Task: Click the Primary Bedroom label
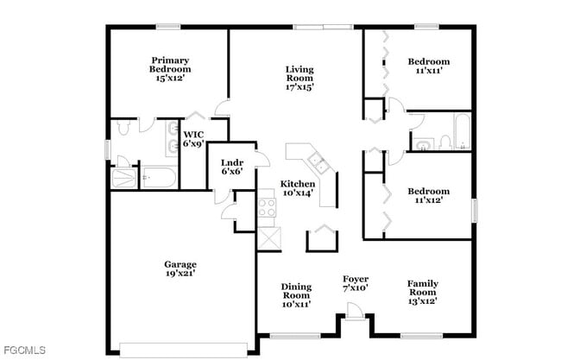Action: (x=169, y=69)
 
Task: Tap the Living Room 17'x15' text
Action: (x=299, y=78)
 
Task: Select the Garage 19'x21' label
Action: (x=180, y=268)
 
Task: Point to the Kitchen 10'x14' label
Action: (x=297, y=188)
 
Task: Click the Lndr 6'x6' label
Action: (x=230, y=167)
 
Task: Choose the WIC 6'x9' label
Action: (x=193, y=139)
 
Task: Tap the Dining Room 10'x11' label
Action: (x=295, y=294)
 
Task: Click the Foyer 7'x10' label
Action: (x=356, y=283)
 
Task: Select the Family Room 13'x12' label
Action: (x=422, y=292)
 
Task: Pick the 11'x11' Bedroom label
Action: (x=428, y=66)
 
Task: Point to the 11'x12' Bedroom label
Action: (x=428, y=196)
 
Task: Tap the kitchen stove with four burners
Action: (x=267, y=207)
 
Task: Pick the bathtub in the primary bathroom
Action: (x=156, y=178)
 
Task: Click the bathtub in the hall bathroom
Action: (x=462, y=130)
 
